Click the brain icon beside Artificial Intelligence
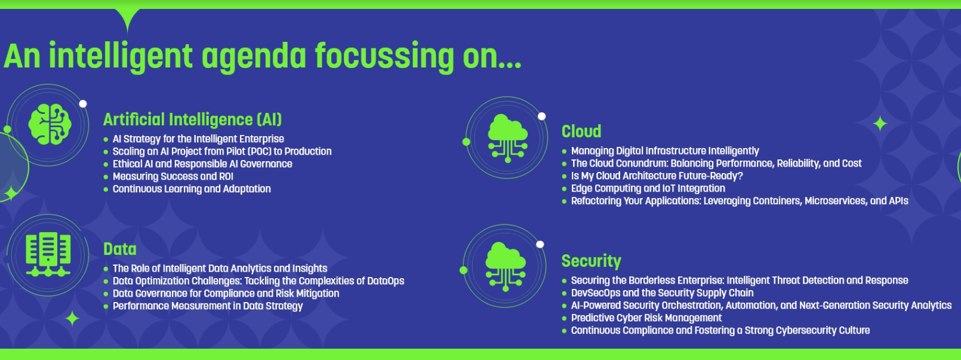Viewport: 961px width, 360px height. pos(50,124)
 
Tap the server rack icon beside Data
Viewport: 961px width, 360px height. pos(48,254)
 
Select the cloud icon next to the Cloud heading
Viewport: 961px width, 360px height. pos(508,138)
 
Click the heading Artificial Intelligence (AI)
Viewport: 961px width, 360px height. pos(193,120)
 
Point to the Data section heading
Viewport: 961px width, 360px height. pos(120,250)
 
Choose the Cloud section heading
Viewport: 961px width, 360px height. pos(581,131)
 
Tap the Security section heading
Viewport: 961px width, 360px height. pos(591,261)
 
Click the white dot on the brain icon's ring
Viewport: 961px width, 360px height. pos(83,104)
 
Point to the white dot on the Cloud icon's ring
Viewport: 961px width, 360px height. pos(542,116)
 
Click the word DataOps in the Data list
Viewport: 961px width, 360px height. pos(386,281)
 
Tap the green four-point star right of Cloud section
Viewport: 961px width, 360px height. pos(880,124)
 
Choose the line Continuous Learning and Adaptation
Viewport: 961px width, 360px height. pos(192,189)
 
